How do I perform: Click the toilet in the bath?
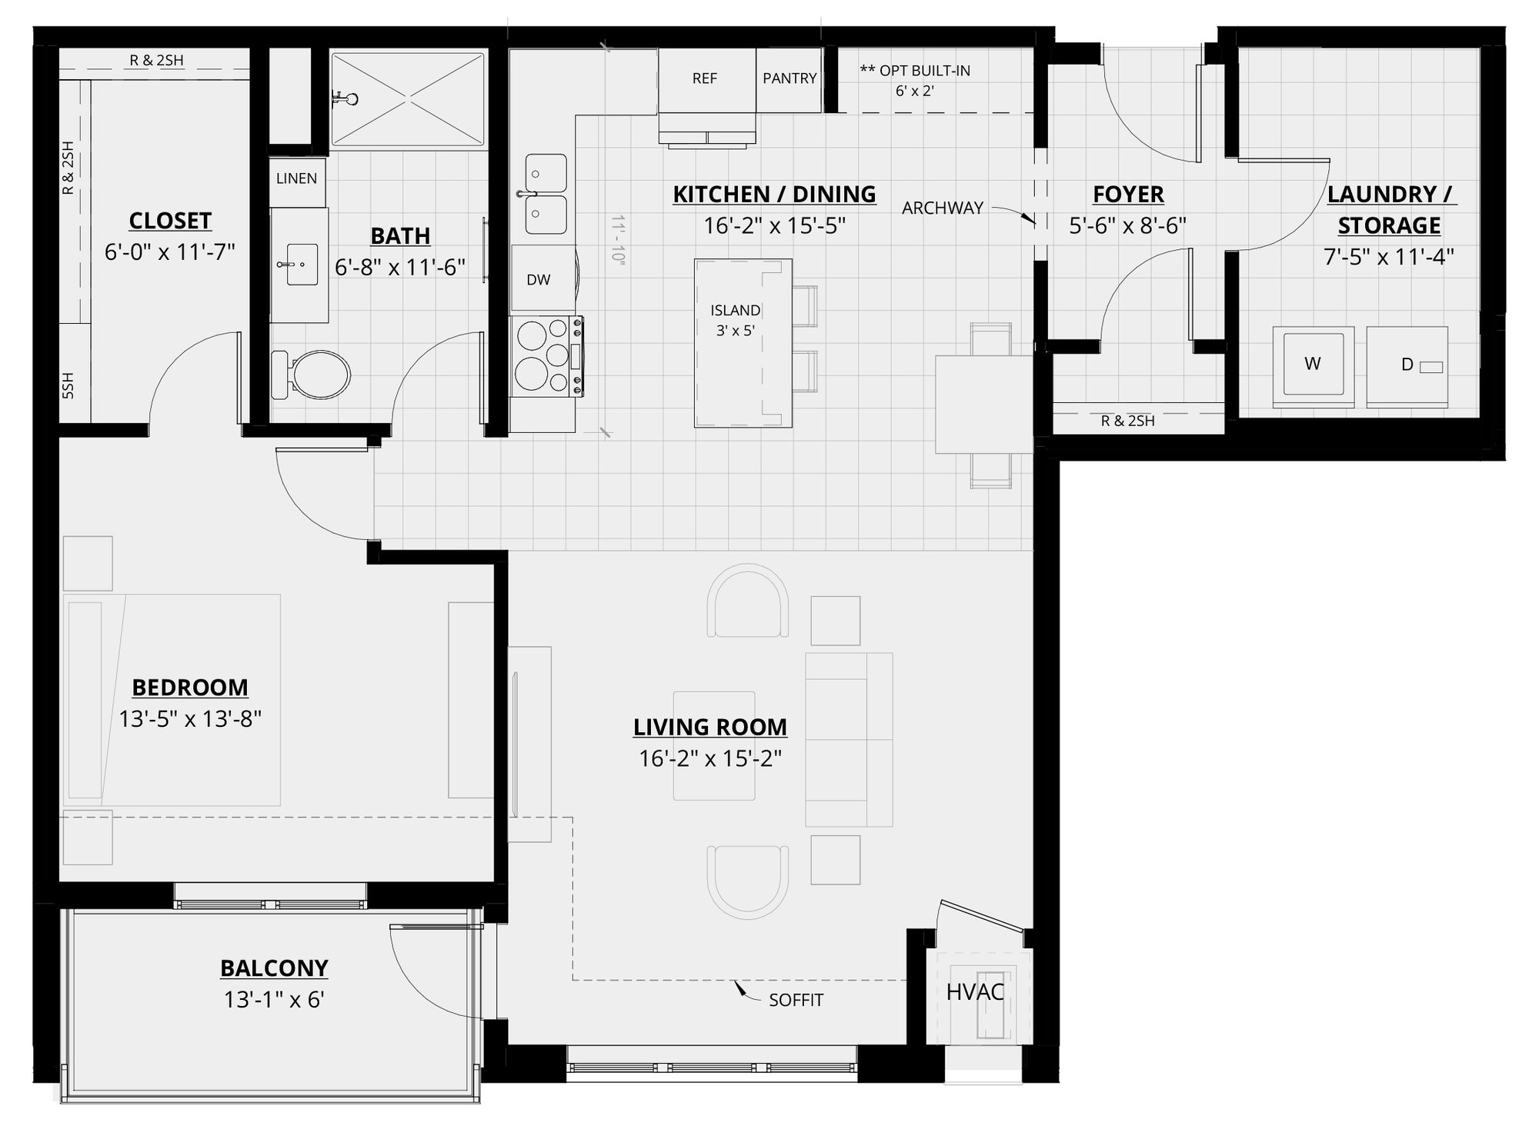point(312,375)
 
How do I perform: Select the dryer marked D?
point(1407,365)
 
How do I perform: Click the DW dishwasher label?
point(539,280)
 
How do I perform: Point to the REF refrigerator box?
point(705,78)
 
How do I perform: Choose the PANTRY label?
point(790,78)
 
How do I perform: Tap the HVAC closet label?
point(975,992)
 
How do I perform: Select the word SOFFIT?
point(796,1000)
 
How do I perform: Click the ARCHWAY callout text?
point(943,208)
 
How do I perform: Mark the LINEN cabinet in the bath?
point(297,178)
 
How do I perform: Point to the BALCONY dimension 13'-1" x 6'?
point(274,1000)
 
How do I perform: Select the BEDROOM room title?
point(190,687)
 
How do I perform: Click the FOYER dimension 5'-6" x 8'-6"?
point(1127,225)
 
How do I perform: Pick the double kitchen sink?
point(546,194)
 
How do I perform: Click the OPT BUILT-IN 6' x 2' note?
point(915,81)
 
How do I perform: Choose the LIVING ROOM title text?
point(709,727)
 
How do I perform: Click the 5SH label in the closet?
point(68,385)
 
